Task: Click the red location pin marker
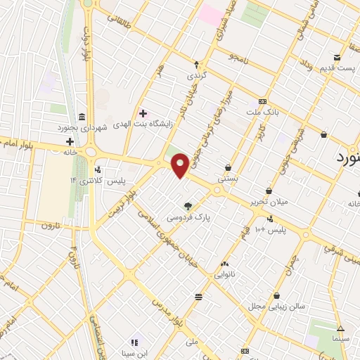[181, 165]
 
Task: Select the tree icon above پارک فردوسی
[188, 206]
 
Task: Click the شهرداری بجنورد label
[82, 129]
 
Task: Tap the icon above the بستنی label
[229, 167]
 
